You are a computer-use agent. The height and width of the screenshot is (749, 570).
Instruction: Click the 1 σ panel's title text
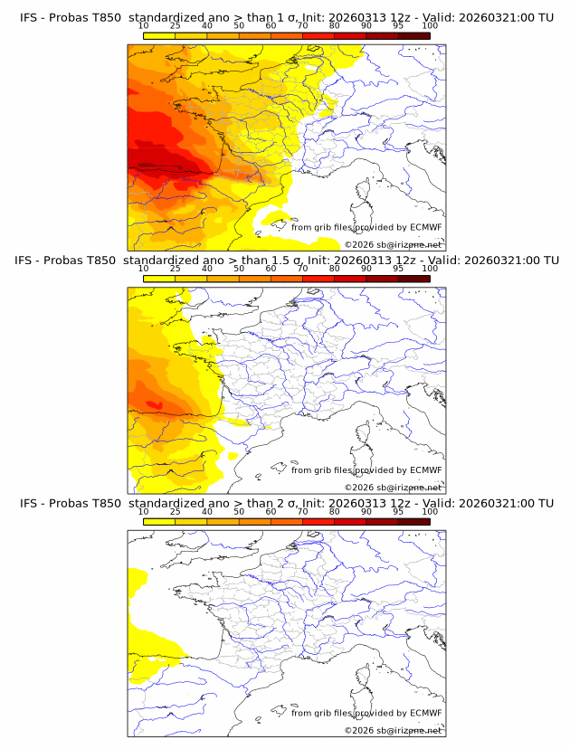coord(286,17)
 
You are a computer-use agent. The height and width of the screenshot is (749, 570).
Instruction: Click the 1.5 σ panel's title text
coord(286,261)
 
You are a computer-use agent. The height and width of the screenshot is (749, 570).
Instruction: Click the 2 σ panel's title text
coord(286,504)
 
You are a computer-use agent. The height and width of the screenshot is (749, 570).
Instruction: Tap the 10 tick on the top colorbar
coord(144,25)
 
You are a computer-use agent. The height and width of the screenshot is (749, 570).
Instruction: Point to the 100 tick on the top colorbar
coord(430,25)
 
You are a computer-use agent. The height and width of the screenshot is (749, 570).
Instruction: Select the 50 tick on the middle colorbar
coord(239,269)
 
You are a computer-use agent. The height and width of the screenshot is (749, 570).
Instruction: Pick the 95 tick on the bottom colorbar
coord(398,512)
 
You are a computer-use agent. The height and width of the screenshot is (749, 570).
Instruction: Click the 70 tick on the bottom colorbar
coord(303,512)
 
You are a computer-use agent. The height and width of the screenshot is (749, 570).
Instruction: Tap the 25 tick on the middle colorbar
coord(176,269)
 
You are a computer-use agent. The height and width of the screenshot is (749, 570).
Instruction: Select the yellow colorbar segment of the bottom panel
coord(159,521)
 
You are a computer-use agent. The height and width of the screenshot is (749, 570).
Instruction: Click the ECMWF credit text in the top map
coord(366,227)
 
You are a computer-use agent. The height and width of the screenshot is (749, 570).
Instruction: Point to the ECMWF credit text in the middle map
coord(366,470)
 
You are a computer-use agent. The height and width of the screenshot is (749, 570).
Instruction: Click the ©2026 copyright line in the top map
coord(393,244)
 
